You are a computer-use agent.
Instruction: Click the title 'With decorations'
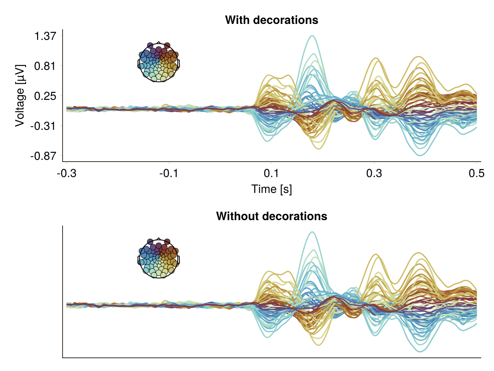tap(272, 20)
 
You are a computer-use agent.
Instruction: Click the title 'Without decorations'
tap(272, 216)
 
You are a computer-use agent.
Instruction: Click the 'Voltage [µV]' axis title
tap(20, 95)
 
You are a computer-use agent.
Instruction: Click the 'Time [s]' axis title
tap(272, 189)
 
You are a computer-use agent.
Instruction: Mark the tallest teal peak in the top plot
tap(312, 36)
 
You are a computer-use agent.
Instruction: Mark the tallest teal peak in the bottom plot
tap(312, 232)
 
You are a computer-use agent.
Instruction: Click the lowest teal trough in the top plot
tap(420, 155)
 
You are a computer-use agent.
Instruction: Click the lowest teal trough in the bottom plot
tap(420, 352)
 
